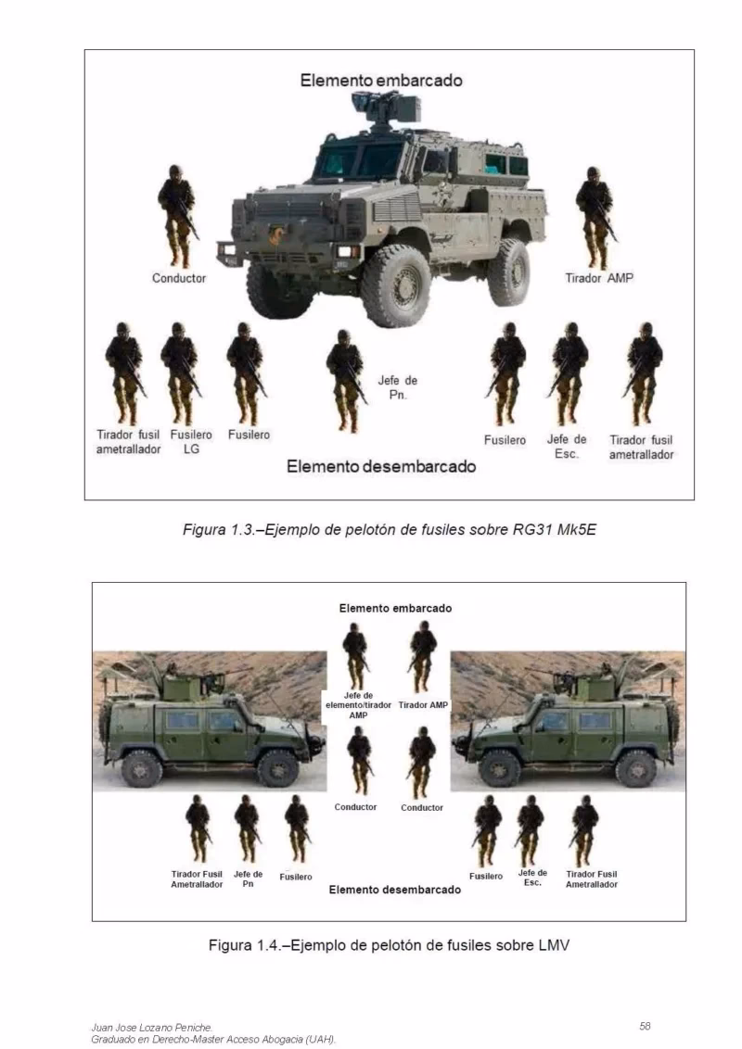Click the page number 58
point(645,1025)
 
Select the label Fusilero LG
point(191,441)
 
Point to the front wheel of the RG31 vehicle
point(396,284)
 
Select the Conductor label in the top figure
point(179,278)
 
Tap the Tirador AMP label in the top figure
point(599,278)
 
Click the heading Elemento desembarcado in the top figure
point(380,466)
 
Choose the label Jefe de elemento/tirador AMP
point(358,705)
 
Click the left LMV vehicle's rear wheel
point(141,768)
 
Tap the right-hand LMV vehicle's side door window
point(554,720)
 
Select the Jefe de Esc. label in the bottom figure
point(532,877)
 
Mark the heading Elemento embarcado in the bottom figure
point(395,608)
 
